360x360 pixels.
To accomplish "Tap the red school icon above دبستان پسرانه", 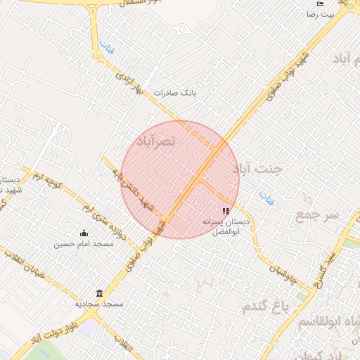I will [x=226, y=211].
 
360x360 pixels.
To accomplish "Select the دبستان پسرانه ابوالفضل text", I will [x=226, y=225].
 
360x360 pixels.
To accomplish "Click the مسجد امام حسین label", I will [x=84, y=245].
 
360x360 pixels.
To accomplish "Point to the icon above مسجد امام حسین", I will [x=84, y=233].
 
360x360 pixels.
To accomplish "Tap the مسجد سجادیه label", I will [x=99, y=304].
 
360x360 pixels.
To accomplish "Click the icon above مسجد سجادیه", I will [x=98, y=292].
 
